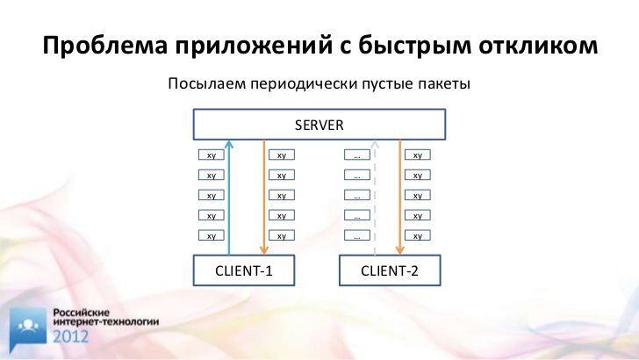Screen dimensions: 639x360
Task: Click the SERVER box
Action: [319, 125]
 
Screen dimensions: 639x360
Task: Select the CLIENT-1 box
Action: [244, 270]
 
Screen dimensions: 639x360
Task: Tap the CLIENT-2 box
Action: [390, 270]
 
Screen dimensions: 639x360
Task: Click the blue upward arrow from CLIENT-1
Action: [229, 198]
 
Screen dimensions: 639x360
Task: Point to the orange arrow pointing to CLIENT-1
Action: [263, 198]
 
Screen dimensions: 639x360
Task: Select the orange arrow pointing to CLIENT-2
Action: [399, 198]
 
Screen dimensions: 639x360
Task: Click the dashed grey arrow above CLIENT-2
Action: [375, 198]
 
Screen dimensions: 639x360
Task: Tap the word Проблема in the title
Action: [105, 45]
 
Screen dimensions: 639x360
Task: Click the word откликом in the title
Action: [538, 45]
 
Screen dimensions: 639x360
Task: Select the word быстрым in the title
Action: [414, 47]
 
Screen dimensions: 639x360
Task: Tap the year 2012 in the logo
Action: [70, 336]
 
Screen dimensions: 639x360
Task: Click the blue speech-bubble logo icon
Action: [28, 329]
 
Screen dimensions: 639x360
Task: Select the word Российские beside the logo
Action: [82, 313]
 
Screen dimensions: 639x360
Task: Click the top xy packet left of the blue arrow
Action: [211, 155]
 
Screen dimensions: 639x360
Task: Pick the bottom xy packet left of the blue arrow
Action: [211, 235]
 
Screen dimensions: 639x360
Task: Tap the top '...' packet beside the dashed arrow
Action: [357, 155]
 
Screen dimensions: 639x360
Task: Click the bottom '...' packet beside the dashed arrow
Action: [357, 235]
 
